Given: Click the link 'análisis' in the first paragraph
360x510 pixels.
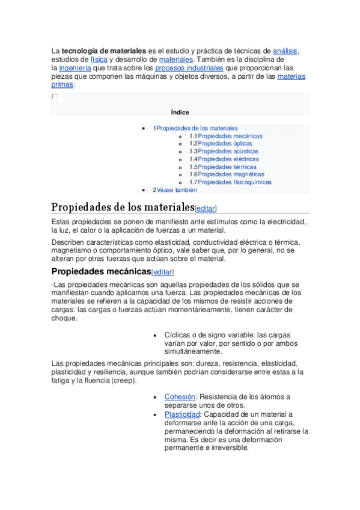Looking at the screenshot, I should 285,52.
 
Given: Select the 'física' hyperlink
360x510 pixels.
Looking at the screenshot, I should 99,60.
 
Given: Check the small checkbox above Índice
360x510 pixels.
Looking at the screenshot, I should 55,97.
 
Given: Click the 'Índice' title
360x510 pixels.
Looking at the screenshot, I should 180,112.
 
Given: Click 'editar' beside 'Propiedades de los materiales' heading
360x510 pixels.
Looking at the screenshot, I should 206,209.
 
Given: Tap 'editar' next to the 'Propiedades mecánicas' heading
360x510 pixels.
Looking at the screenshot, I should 162,272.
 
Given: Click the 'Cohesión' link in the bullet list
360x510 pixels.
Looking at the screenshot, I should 180,397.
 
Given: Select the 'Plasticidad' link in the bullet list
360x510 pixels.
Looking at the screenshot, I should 182,415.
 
